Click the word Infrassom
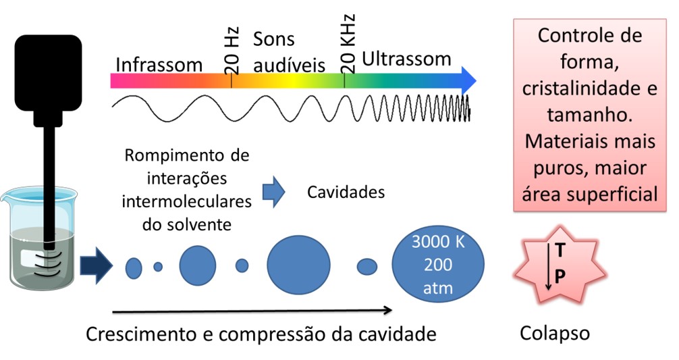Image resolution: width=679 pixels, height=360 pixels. (x=159, y=64)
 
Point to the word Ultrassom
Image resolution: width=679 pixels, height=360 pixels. (x=406, y=59)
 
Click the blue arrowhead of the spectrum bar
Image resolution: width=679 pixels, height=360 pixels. (x=467, y=80)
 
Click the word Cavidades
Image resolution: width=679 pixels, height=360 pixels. (x=346, y=192)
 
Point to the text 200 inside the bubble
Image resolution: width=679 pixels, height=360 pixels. (x=439, y=266)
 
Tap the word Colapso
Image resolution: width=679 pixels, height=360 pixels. (x=555, y=332)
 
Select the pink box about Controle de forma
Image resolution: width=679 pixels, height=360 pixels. (x=589, y=114)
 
